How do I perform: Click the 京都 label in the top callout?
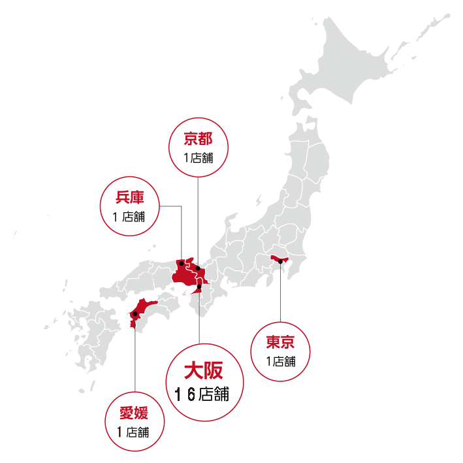[x=197, y=138]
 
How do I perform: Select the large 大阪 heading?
[x=204, y=371]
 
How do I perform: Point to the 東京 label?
[x=280, y=342]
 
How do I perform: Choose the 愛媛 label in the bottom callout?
[x=133, y=413]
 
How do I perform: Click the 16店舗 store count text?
[x=203, y=394]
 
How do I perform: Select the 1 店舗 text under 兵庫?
[x=129, y=217]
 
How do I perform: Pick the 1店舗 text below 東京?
[x=280, y=361]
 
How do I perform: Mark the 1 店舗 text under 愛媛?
[x=133, y=432]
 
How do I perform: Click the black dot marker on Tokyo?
[x=280, y=262]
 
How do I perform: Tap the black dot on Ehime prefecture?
[x=135, y=315]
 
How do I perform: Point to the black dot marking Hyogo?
[x=182, y=264]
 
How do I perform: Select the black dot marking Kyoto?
[x=197, y=267]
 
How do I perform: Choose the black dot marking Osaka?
[x=199, y=285]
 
